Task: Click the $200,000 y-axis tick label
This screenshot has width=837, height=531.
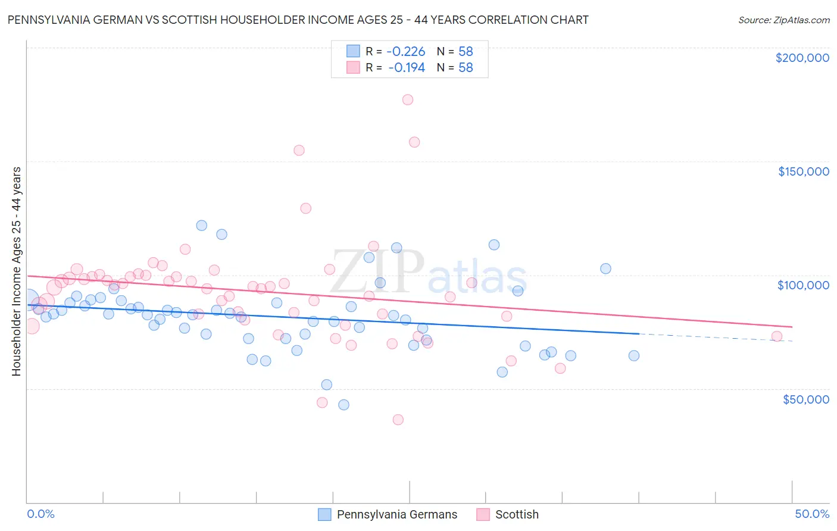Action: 802,58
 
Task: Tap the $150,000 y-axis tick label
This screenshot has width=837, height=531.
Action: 803,171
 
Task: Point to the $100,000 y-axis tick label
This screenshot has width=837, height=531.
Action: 803,285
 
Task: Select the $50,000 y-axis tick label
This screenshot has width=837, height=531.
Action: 805,399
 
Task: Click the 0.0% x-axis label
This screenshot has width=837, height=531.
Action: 40,514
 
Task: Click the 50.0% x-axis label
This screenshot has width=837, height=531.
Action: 812,514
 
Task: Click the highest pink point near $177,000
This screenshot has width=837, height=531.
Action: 408,99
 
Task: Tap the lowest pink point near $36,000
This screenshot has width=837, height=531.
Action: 398,420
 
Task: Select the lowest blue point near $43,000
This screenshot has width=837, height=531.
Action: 343,405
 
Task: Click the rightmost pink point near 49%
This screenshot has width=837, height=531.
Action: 776,336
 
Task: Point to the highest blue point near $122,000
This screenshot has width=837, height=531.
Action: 202,226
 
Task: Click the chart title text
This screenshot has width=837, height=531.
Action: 298,20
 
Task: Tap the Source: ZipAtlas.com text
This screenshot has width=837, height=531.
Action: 783,20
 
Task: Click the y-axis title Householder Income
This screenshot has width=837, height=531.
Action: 16,271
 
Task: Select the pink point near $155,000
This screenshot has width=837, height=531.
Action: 299,150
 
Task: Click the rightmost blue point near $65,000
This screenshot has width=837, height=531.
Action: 634,355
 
